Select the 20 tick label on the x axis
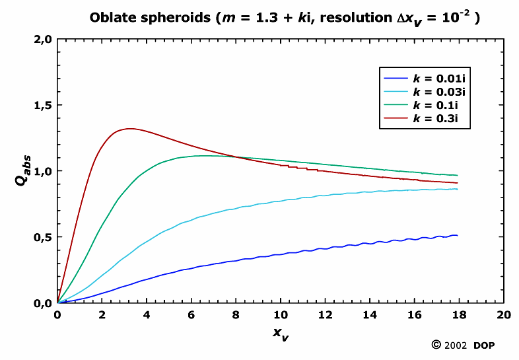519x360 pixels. (x=503, y=315)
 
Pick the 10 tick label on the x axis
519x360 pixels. (x=281, y=315)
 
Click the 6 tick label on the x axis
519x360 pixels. (x=191, y=315)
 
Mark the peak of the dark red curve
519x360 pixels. (x=129, y=128)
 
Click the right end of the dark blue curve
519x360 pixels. (x=457, y=235)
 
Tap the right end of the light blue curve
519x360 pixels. (x=457, y=189)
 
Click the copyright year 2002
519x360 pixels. (x=456, y=345)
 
